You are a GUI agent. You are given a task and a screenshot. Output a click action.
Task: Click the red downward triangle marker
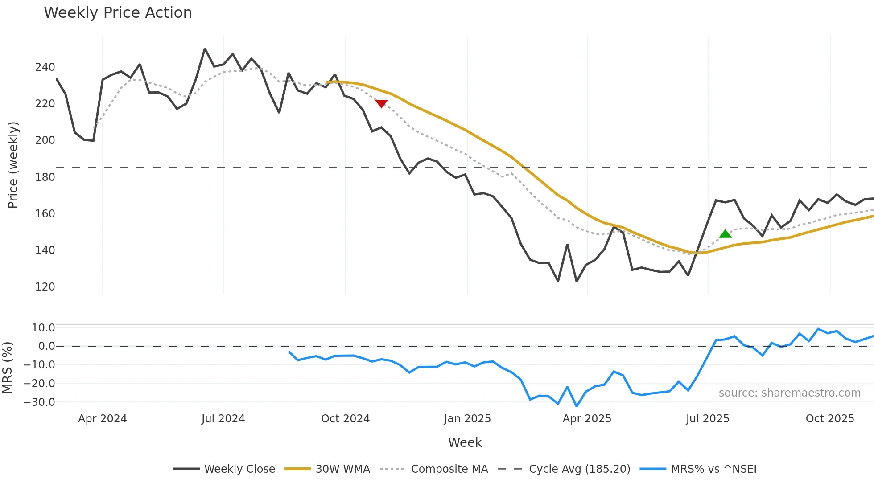click(381, 103)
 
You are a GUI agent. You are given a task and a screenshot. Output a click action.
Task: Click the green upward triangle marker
click(725, 234)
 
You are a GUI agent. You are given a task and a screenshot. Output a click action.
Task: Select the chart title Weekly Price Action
click(118, 13)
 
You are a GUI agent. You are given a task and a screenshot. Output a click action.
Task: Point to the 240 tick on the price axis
click(45, 67)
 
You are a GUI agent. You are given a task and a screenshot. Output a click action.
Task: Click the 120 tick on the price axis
click(45, 287)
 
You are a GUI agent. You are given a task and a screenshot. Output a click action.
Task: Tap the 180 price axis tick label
click(45, 177)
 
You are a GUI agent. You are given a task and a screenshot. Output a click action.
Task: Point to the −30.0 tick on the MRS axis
click(39, 402)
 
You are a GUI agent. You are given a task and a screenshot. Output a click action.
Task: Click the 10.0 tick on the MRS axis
click(43, 328)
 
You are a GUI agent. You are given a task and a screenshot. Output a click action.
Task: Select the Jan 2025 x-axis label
click(467, 419)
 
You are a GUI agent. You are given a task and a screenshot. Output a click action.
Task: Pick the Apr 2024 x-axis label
click(103, 419)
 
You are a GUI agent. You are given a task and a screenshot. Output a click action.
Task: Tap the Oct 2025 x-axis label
click(830, 419)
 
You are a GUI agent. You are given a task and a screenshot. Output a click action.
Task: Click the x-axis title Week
click(465, 442)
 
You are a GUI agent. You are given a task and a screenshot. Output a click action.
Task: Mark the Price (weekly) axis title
click(13, 165)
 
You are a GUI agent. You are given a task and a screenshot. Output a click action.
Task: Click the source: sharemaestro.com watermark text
click(790, 393)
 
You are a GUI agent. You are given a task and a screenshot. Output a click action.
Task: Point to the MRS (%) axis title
click(7, 368)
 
